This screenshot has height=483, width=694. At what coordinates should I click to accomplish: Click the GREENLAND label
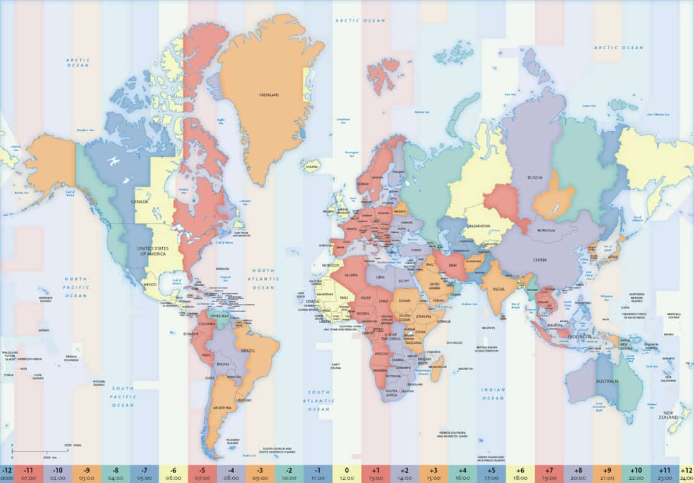tap(269, 95)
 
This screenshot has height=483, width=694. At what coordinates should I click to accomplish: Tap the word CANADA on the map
tap(139, 202)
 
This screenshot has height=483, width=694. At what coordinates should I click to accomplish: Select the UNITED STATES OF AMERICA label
tap(152, 250)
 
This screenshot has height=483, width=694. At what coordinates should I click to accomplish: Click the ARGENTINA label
tap(221, 409)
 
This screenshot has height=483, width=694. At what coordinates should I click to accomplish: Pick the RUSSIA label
tap(535, 178)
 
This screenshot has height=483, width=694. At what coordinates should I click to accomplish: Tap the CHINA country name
tap(539, 260)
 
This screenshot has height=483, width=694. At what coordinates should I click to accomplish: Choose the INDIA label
tap(498, 289)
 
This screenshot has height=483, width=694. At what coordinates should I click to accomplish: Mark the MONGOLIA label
tap(546, 231)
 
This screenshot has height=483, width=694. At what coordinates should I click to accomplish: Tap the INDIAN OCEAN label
tap(493, 394)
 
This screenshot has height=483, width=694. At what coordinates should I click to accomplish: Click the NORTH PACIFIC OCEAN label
tap(76, 287)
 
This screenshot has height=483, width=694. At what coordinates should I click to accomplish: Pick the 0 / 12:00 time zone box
tap(346, 474)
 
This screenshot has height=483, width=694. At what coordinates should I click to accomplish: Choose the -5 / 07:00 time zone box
tap(202, 474)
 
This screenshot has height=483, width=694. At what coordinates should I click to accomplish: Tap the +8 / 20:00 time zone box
tap(578, 474)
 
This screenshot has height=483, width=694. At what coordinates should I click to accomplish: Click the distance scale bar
tap(40, 451)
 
